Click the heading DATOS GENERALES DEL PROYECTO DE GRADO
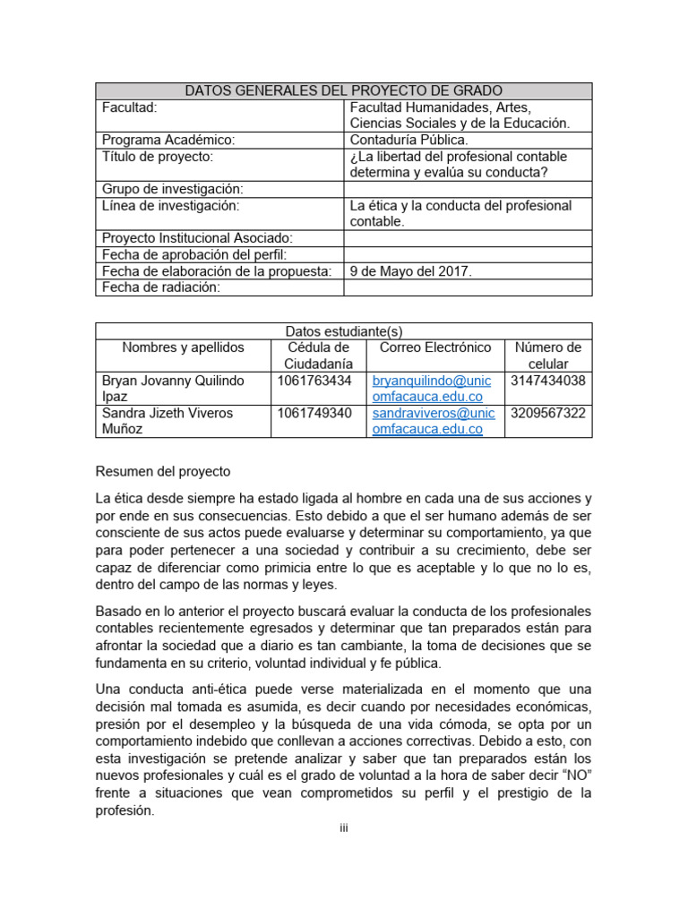point(343,90)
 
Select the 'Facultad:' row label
point(130,107)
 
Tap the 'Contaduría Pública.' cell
point(408,140)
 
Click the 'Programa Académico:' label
point(168,140)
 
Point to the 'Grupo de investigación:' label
point(173,189)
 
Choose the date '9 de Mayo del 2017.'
point(410,270)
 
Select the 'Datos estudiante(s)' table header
point(343,331)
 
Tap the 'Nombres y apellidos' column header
point(183,347)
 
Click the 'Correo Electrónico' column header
point(435,347)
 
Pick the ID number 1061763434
point(315,381)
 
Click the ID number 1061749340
point(315,413)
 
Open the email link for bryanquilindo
point(433,389)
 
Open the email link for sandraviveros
point(433,421)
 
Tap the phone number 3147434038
point(548,381)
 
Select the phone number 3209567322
point(548,413)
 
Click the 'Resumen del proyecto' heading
point(164,471)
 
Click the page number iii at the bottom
point(343,827)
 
